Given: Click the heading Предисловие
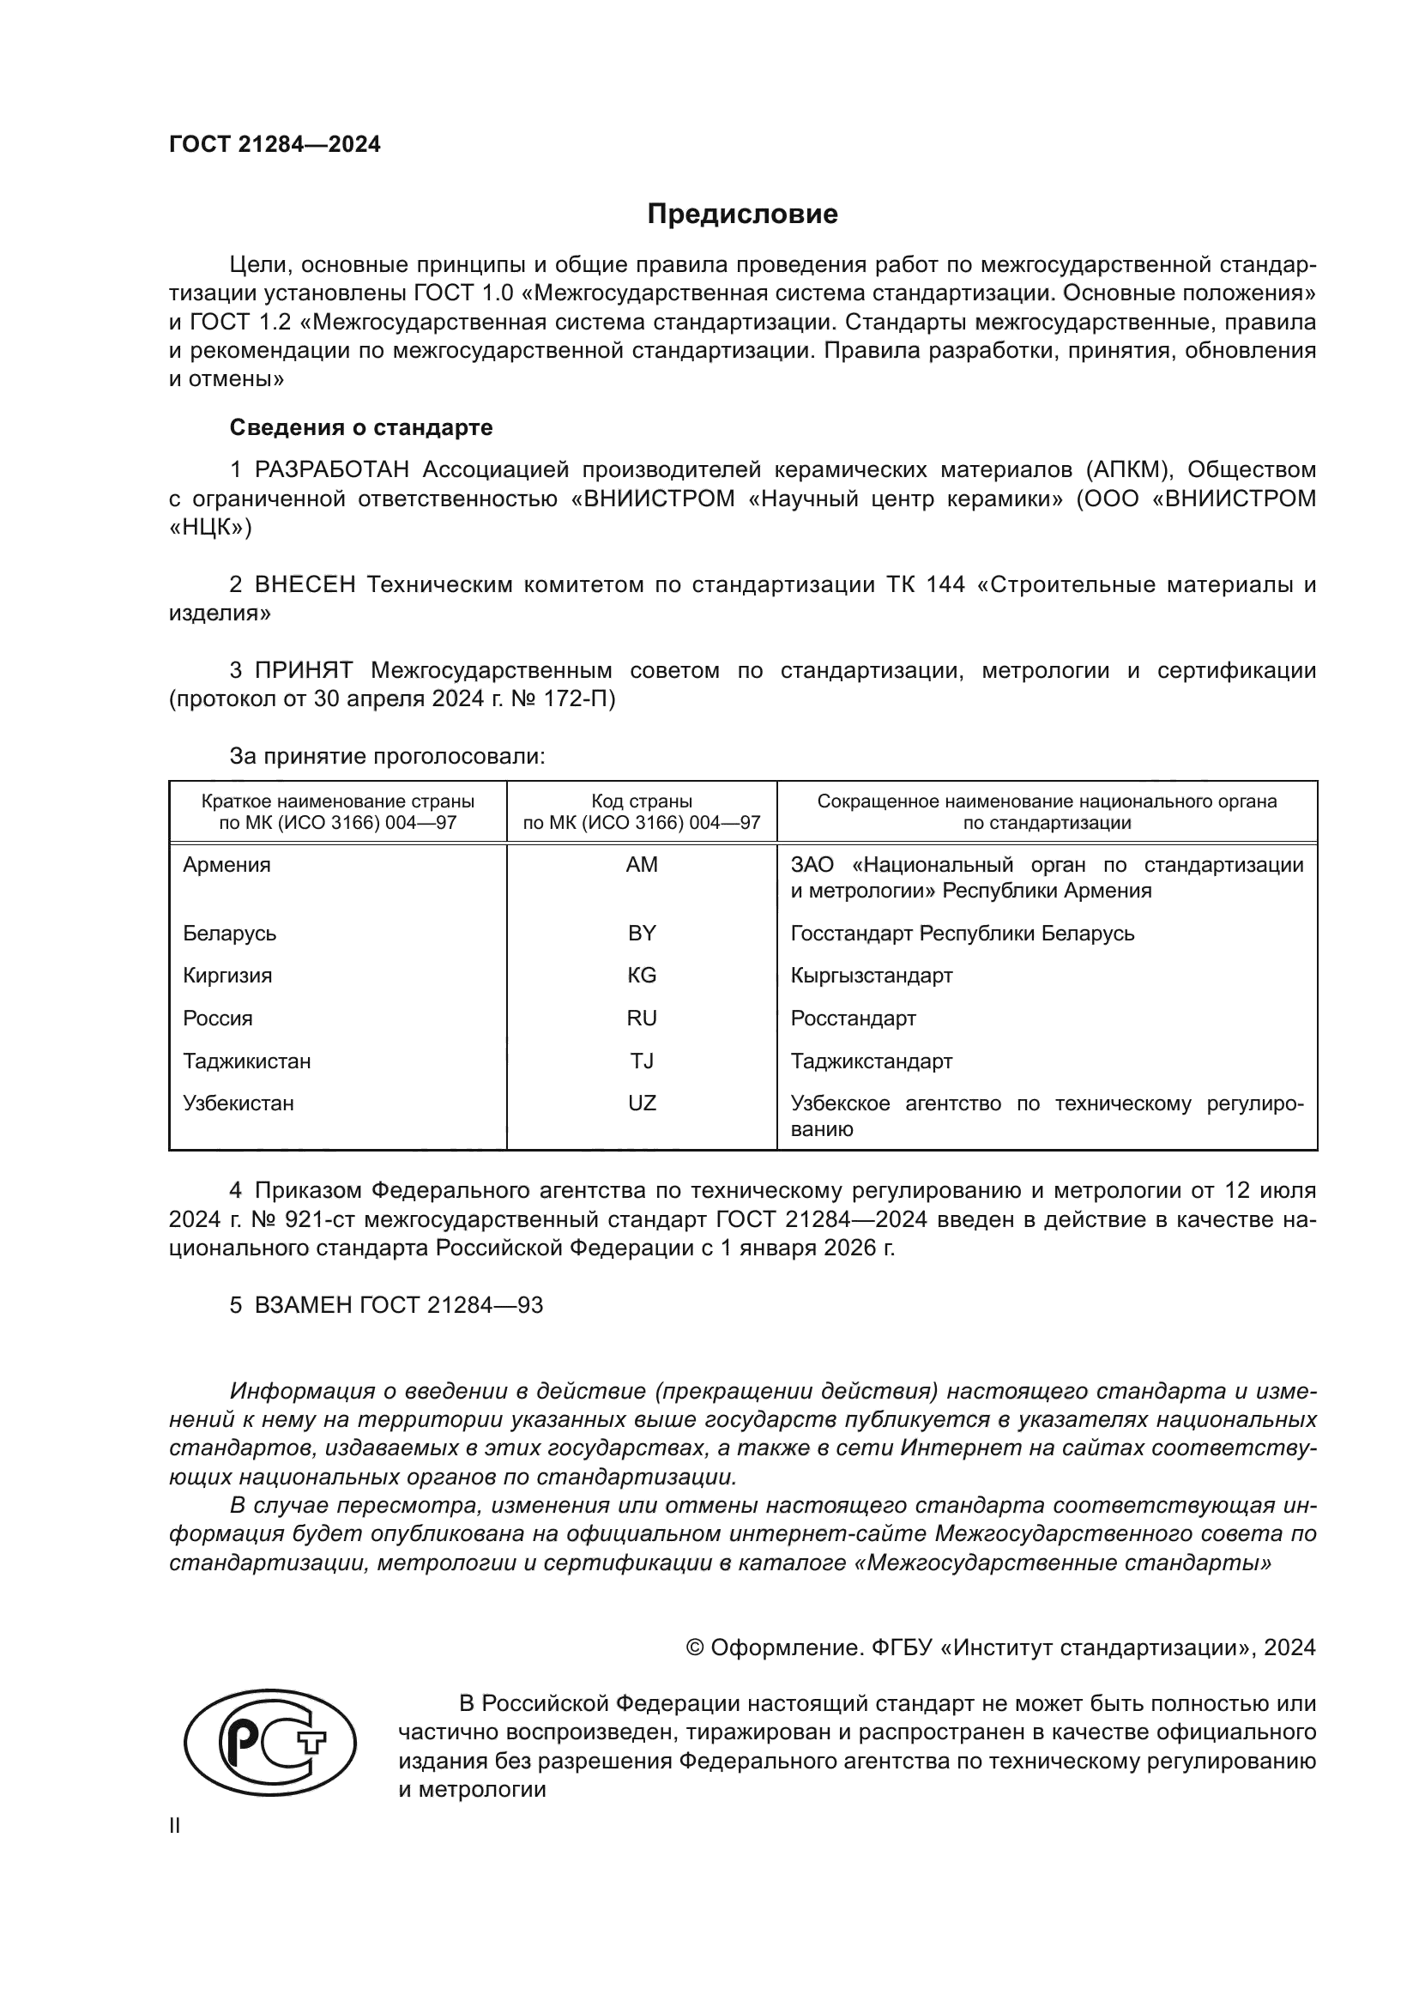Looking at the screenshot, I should (x=742, y=215).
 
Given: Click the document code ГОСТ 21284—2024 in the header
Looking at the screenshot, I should (x=275, y=145).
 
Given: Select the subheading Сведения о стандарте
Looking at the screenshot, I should (x=361, y=427).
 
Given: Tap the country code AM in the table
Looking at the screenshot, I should (x=642, y=865).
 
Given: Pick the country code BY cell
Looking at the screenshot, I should (x=642, y=933).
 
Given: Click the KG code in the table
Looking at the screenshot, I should (x=642, y=975).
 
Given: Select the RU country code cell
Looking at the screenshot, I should (x=642, y=1018).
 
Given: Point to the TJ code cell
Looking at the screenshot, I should (x=642, y=1061).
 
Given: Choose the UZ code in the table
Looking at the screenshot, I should (x=642, y=1103).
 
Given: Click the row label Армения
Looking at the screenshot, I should (x=227, y=865).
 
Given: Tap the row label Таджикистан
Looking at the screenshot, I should (x=246, y=1061).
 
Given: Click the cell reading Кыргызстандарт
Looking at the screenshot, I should (x=871, y=975).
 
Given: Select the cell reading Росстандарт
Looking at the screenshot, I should (x=853, y=1018).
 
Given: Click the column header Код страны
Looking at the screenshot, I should (x=642, y=801).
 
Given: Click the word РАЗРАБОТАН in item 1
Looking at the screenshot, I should (x=332, y=470).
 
